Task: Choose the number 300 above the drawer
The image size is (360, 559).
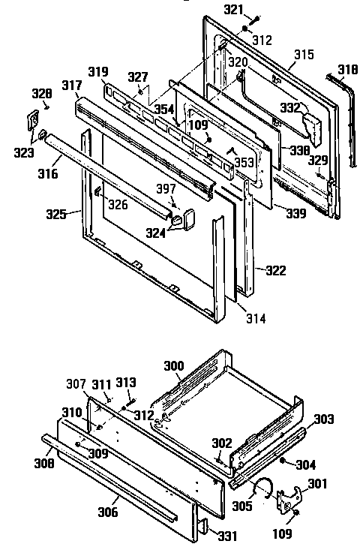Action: [174, 365]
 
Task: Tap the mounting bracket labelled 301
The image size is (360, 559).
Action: [286, 500]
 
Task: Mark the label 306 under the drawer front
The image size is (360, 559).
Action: [108, 512]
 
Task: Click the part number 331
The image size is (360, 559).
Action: [227, 534]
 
